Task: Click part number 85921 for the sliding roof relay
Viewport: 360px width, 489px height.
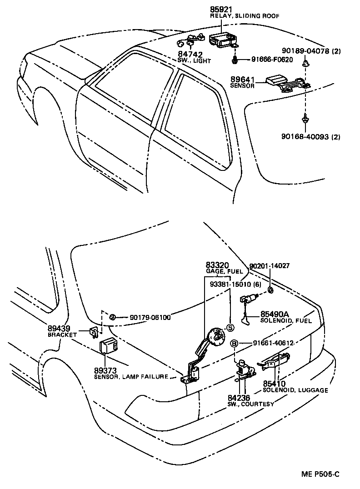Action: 220,9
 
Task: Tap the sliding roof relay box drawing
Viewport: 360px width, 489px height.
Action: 222,37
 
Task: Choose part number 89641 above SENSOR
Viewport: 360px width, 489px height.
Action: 242,79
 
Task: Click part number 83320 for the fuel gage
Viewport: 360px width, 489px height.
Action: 217,265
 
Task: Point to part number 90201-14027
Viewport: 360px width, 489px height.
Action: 270,266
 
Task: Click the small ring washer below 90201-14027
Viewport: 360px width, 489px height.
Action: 270,289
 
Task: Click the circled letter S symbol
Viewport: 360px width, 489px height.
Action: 230,328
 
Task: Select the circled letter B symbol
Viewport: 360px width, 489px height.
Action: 235,344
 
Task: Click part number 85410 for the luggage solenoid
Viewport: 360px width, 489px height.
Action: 275,384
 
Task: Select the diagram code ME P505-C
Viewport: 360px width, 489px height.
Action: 320,474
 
